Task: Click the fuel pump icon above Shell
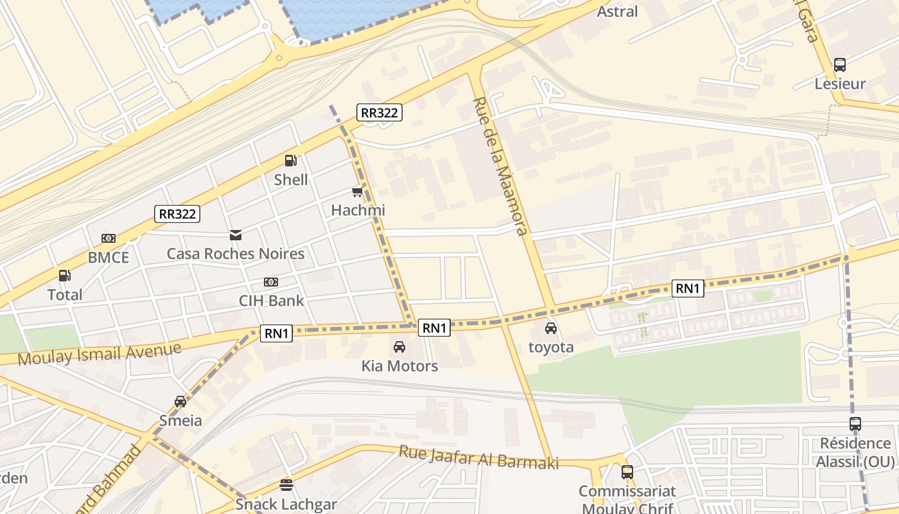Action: (x=290, y=161)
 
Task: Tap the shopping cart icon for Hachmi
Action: (x=357, y=191)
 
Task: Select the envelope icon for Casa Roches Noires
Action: (x=236, y=235)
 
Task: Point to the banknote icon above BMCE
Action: (x=109, y=238)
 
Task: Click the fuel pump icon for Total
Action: (x=64, y=276)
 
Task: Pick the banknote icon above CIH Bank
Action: (x=271, y=282)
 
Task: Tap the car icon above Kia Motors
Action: (x=399, y=347)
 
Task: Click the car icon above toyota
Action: (x=550, y=328)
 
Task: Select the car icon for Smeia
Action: (x=180, y=402)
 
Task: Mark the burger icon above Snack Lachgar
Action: (x=286, y=485)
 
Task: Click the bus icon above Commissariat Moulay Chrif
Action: (x=627, y=472)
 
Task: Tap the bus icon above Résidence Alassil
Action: (x=855, y=424)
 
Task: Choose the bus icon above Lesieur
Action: (x=839, y=65)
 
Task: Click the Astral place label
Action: (x=617, y=12)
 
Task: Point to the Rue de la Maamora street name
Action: (x=500, y=167)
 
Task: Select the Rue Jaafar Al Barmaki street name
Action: (x=478, y=457)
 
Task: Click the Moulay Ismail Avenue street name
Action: (x=100, y=353)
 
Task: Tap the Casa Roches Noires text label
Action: (x=236, y=254)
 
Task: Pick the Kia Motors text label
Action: (x=399, y=366)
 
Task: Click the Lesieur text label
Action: (x=840, y=84)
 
